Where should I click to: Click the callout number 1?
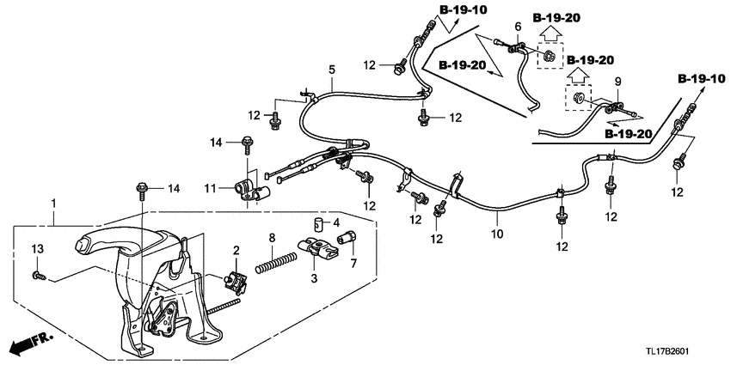(53, 203)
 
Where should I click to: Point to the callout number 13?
(36, 248)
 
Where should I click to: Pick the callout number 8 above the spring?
(272, 238)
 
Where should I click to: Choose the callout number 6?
(518, 28)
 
